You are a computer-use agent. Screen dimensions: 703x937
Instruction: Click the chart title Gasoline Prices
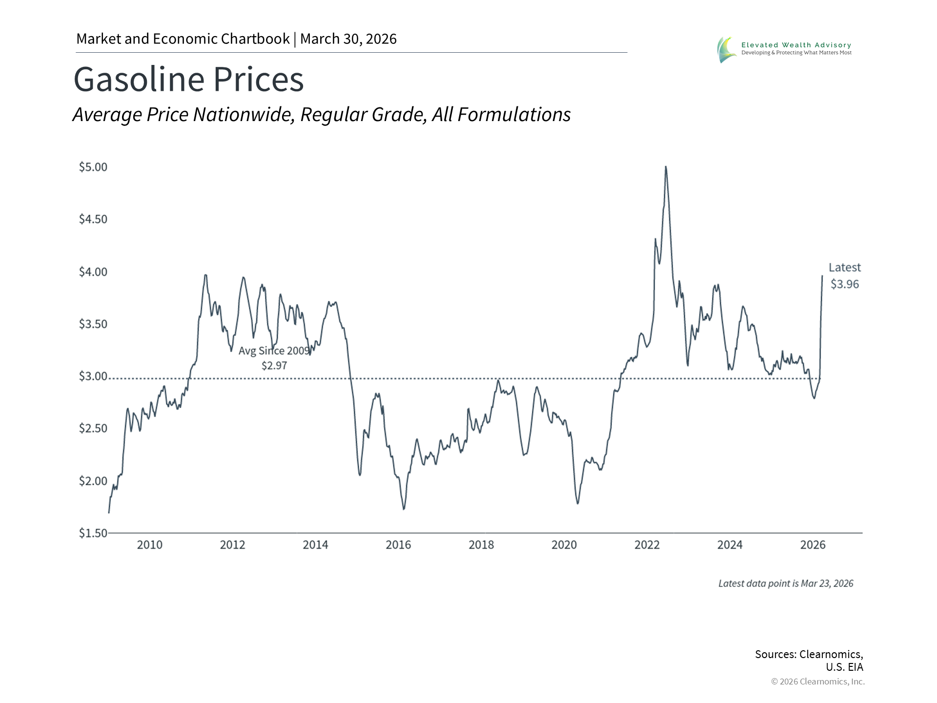coord(188,79)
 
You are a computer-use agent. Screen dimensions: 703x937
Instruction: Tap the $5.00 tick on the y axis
coord(93,167)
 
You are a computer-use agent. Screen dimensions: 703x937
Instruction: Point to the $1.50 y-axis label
coord(93,533)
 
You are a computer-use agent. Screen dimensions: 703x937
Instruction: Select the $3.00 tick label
coord(93,376)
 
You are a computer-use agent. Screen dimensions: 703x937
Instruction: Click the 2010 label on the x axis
coord(149,545)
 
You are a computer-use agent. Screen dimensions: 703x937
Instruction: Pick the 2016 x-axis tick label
coord(398,545)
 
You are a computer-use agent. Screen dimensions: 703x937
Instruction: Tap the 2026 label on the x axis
coord(813,545)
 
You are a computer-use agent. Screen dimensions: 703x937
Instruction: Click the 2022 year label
coord(647,545)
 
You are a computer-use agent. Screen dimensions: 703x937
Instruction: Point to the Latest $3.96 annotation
coord(844,276)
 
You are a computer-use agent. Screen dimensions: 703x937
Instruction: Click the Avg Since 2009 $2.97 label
coord(274,358)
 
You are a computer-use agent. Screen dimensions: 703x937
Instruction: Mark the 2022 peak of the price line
coord(666,167)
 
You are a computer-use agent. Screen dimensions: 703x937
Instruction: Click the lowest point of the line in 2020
coord(578,503)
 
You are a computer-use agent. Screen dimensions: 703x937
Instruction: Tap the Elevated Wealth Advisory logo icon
coord(726,50)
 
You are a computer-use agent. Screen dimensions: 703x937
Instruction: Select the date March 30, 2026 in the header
coord(348,39)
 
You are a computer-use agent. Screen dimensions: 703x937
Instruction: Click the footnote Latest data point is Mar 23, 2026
coord(785,583)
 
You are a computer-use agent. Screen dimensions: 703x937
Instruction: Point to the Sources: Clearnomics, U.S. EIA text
coord(809,660)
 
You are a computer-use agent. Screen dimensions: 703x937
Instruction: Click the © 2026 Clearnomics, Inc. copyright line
coord(817,682)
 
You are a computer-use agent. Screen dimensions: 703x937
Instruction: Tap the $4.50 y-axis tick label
coord(93,219)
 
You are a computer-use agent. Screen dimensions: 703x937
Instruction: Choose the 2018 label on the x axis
coord(481,545)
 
